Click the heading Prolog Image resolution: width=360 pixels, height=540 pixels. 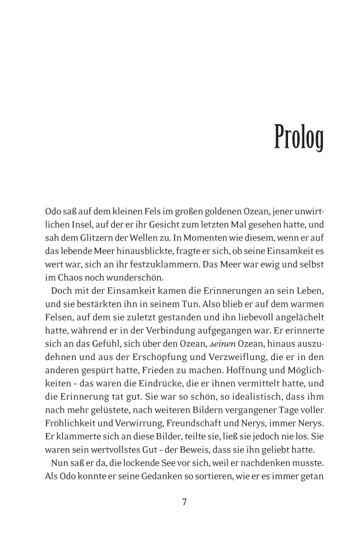coord(299,137)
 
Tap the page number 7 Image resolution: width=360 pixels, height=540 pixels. coord(184,502)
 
